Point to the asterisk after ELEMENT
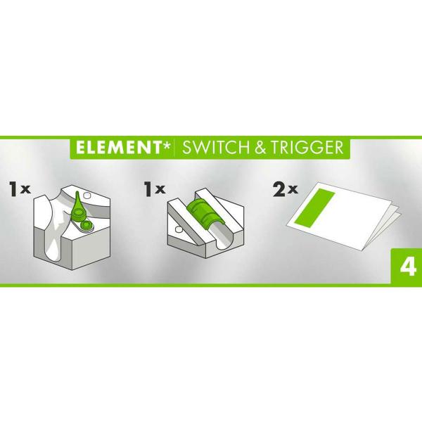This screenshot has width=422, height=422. point(165,144)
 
